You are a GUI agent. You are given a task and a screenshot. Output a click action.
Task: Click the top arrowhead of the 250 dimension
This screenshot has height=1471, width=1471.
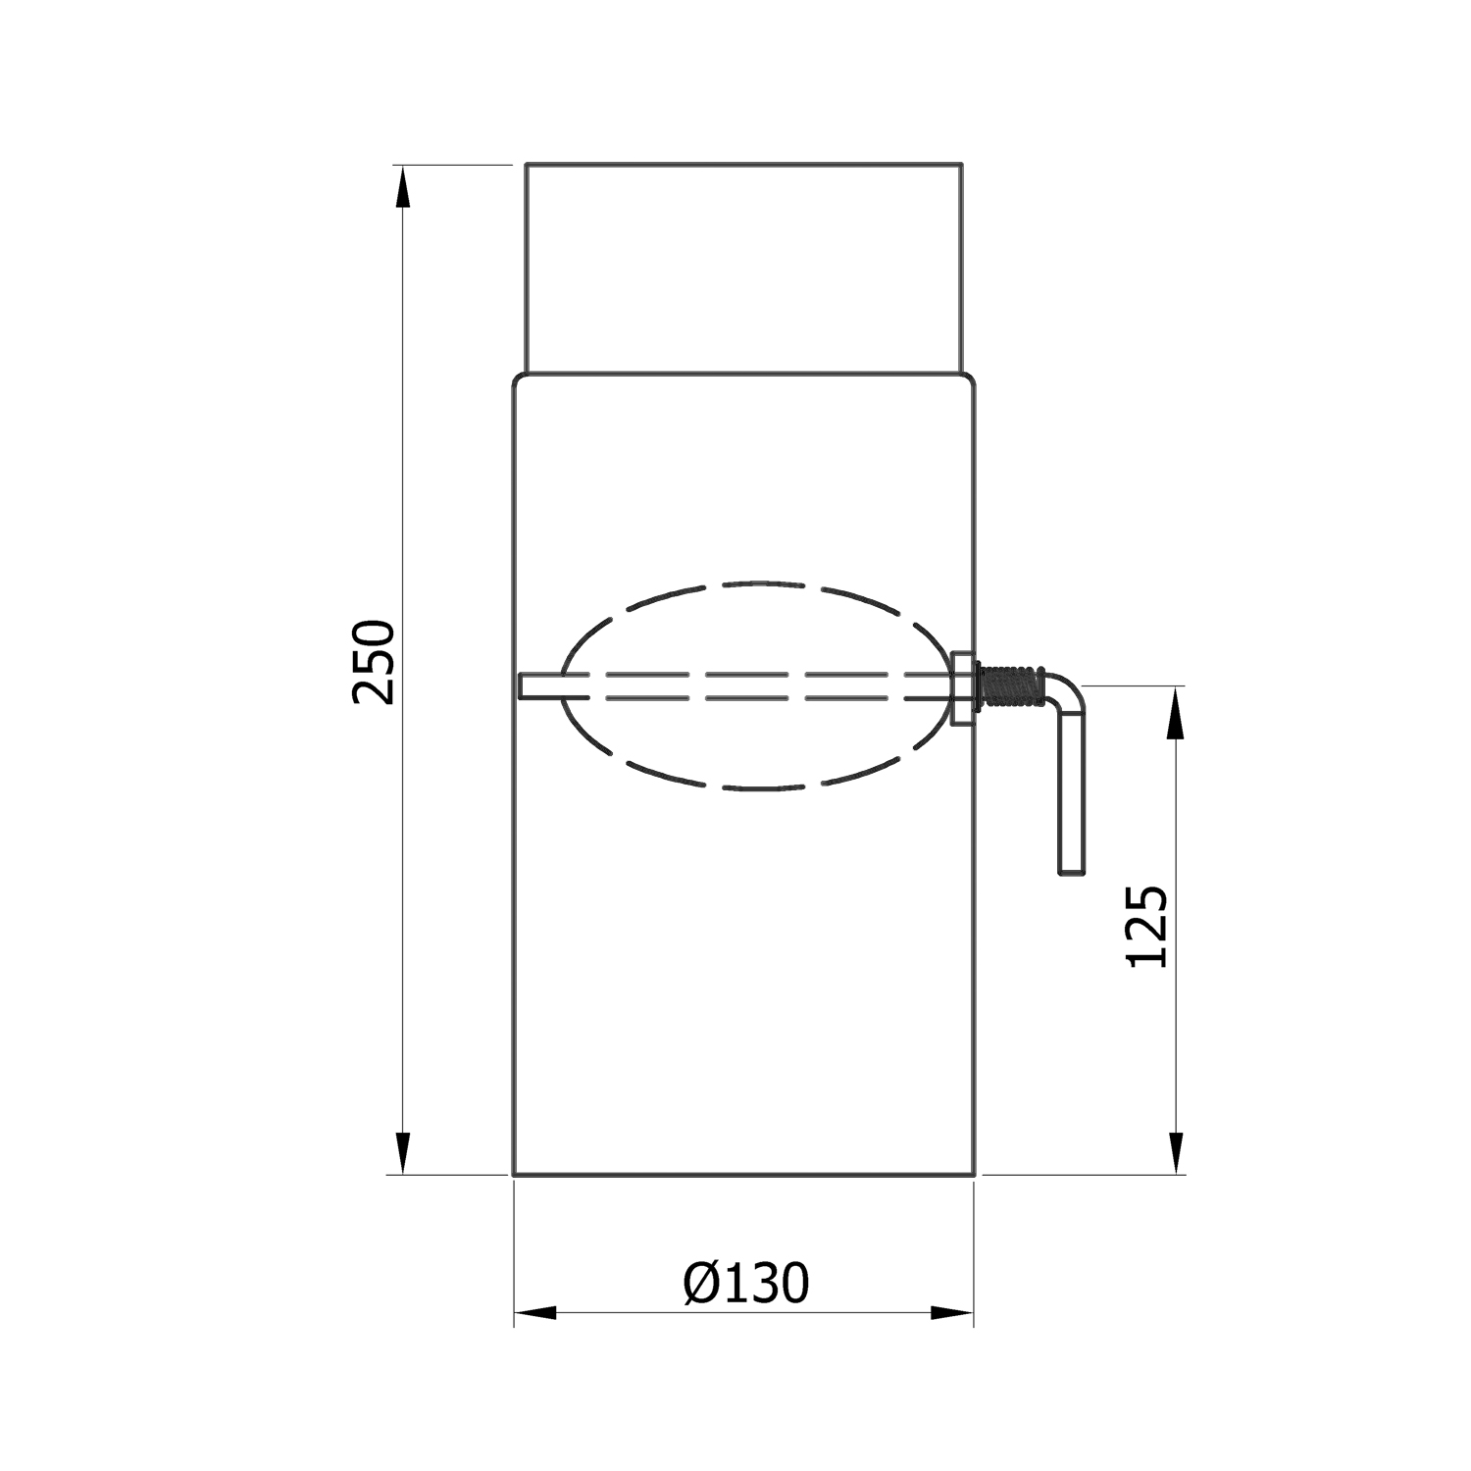tap(401, 186)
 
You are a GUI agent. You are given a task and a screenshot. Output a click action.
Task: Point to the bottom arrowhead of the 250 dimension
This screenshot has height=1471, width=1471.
tap(401, 1152)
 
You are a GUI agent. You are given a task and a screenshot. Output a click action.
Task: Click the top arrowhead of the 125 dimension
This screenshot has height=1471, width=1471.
tap(1176, 708)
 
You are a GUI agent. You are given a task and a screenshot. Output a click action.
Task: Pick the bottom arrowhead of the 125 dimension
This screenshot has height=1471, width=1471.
tap(1176, 1152)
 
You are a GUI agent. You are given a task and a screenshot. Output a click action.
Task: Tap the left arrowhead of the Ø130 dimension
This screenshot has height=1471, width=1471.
tap(535, 1312)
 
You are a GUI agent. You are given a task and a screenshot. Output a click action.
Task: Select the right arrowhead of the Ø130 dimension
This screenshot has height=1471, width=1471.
tap(952, 1312)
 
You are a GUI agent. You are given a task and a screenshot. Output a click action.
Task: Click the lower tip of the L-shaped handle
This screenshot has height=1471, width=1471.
tap(1071, 867)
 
